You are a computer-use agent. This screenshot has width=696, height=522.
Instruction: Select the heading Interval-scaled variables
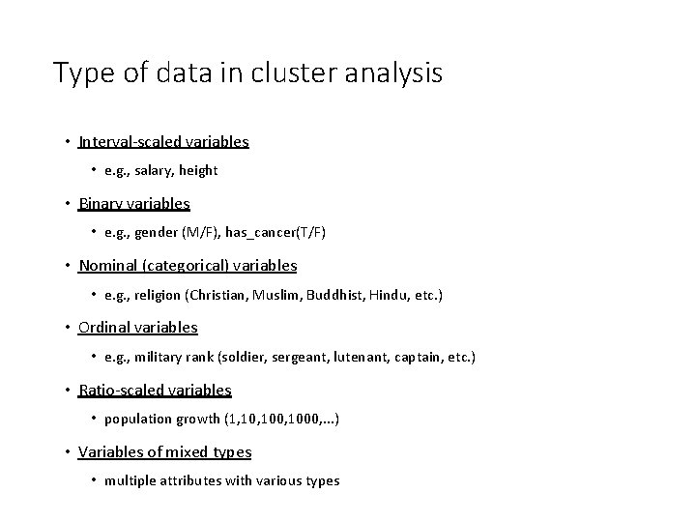coord(163,142)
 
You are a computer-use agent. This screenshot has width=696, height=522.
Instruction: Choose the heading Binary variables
coord(134,204)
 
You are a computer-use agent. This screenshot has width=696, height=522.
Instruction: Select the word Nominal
coord(108,265)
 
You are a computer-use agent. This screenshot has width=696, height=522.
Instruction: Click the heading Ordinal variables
coord(138,328)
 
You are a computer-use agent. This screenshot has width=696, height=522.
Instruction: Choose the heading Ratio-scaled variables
coord(155,391)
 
